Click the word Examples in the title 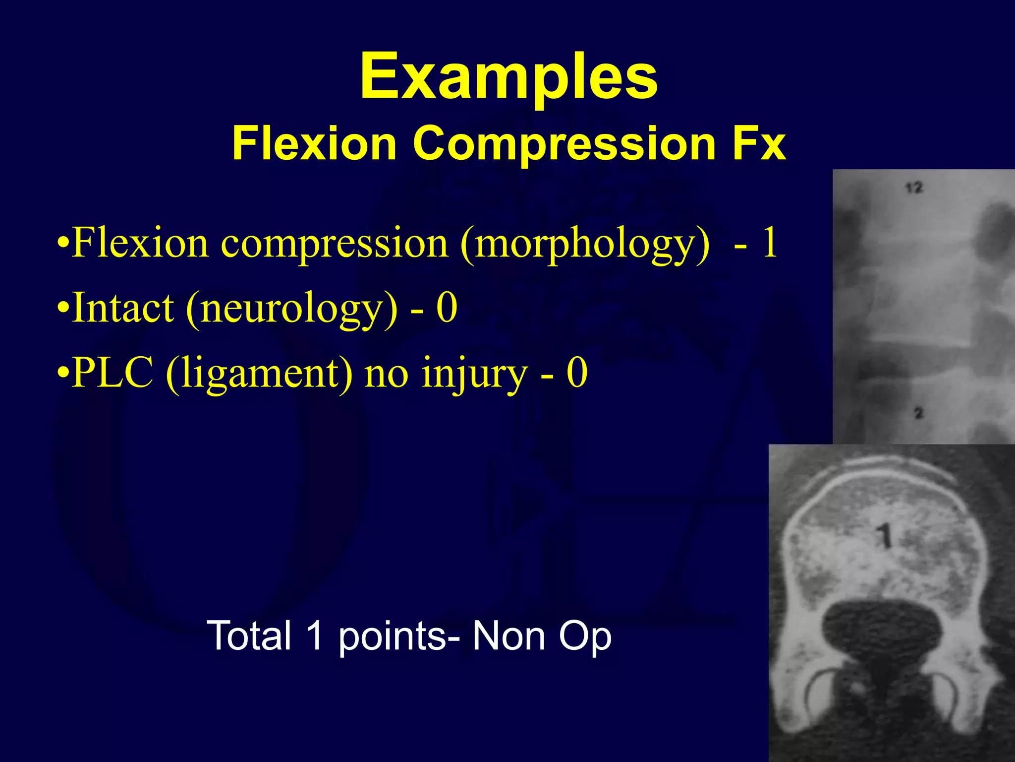[x=508, y=77]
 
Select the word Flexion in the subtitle [x=314, y=144]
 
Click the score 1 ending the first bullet [x=769, y=243]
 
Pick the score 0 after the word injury [x=577, y=373]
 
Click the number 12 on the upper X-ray [x=914, y=188]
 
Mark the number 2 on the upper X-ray [x=918, y=413]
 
